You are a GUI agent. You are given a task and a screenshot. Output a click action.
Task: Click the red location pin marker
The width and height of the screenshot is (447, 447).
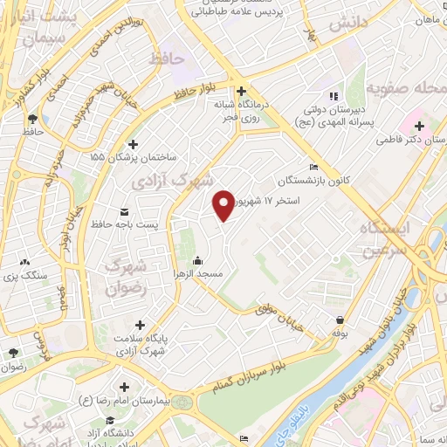(224, 205)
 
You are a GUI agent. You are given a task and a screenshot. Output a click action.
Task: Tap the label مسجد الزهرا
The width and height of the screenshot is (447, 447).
(197, 274)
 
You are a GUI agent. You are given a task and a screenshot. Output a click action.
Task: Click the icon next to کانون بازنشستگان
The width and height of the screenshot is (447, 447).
(314, 168)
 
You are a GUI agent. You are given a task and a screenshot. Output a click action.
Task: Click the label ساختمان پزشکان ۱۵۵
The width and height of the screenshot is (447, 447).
(132, 158)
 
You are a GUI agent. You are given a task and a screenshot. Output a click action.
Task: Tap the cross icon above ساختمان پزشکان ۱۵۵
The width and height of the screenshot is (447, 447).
(133, 145)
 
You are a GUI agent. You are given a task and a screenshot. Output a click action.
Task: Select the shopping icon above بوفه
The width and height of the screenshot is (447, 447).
(339, 320)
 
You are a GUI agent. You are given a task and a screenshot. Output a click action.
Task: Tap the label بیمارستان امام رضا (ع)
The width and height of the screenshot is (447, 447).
(123, 400)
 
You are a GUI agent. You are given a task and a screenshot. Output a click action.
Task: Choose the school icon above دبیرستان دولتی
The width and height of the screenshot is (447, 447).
(332, 95)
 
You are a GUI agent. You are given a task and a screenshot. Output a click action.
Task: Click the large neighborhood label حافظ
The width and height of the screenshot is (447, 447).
(168, 58)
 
